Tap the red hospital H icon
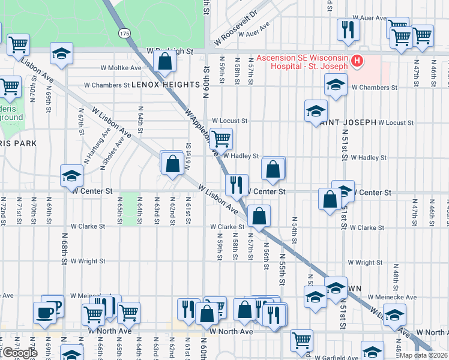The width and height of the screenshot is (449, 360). click(357, 61)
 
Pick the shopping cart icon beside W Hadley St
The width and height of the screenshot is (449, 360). click(221, 138)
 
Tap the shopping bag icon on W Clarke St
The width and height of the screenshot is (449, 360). click(259, 215)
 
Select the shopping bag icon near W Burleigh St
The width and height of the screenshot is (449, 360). click(164, 61)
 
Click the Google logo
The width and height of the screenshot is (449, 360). click(20, 353)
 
